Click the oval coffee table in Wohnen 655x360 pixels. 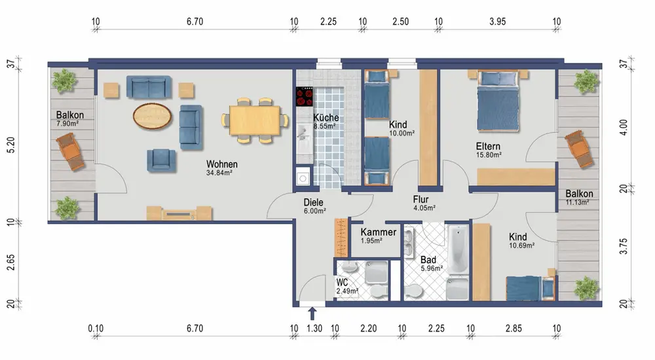152,116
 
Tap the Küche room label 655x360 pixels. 326,117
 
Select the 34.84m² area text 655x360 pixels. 219,173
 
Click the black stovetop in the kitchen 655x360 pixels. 305,97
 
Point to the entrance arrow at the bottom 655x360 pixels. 312,314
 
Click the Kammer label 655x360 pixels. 379,232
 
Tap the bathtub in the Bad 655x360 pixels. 458,249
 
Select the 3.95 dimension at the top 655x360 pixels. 497,22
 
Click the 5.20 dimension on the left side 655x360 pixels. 11,145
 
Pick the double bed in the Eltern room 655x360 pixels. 498,101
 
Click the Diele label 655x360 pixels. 313,202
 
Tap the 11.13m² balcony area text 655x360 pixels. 577,202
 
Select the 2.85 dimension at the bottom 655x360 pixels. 514,329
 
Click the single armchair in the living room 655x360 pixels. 161,160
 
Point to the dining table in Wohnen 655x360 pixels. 254,120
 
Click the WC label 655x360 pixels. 342,283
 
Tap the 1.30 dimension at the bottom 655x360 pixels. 314,329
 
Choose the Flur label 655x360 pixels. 421,200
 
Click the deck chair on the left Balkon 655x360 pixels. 70,152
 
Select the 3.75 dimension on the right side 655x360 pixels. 624,246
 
